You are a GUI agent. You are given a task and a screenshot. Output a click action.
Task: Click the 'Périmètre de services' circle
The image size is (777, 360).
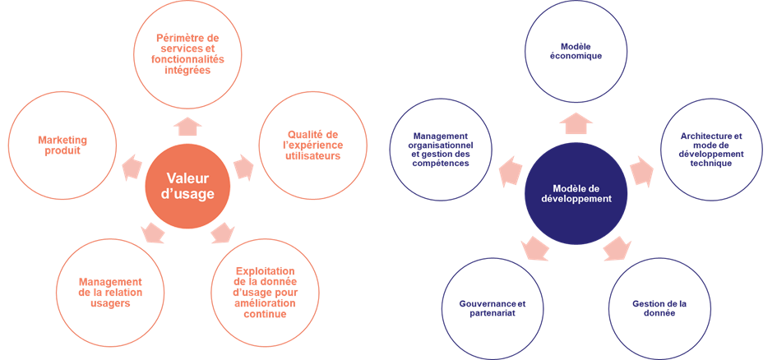pyautogui.click(x=188, y=54)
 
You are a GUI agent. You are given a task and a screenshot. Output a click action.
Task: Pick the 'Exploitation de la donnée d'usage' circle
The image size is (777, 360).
pyautogui.click(x=265, y=292)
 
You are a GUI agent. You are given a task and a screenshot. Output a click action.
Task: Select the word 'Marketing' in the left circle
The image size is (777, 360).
pyautogui.click(x=62, y=141)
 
